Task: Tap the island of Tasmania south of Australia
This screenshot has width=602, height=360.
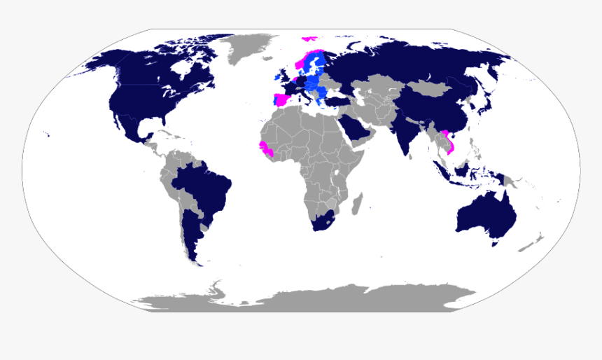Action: point(496,244)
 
